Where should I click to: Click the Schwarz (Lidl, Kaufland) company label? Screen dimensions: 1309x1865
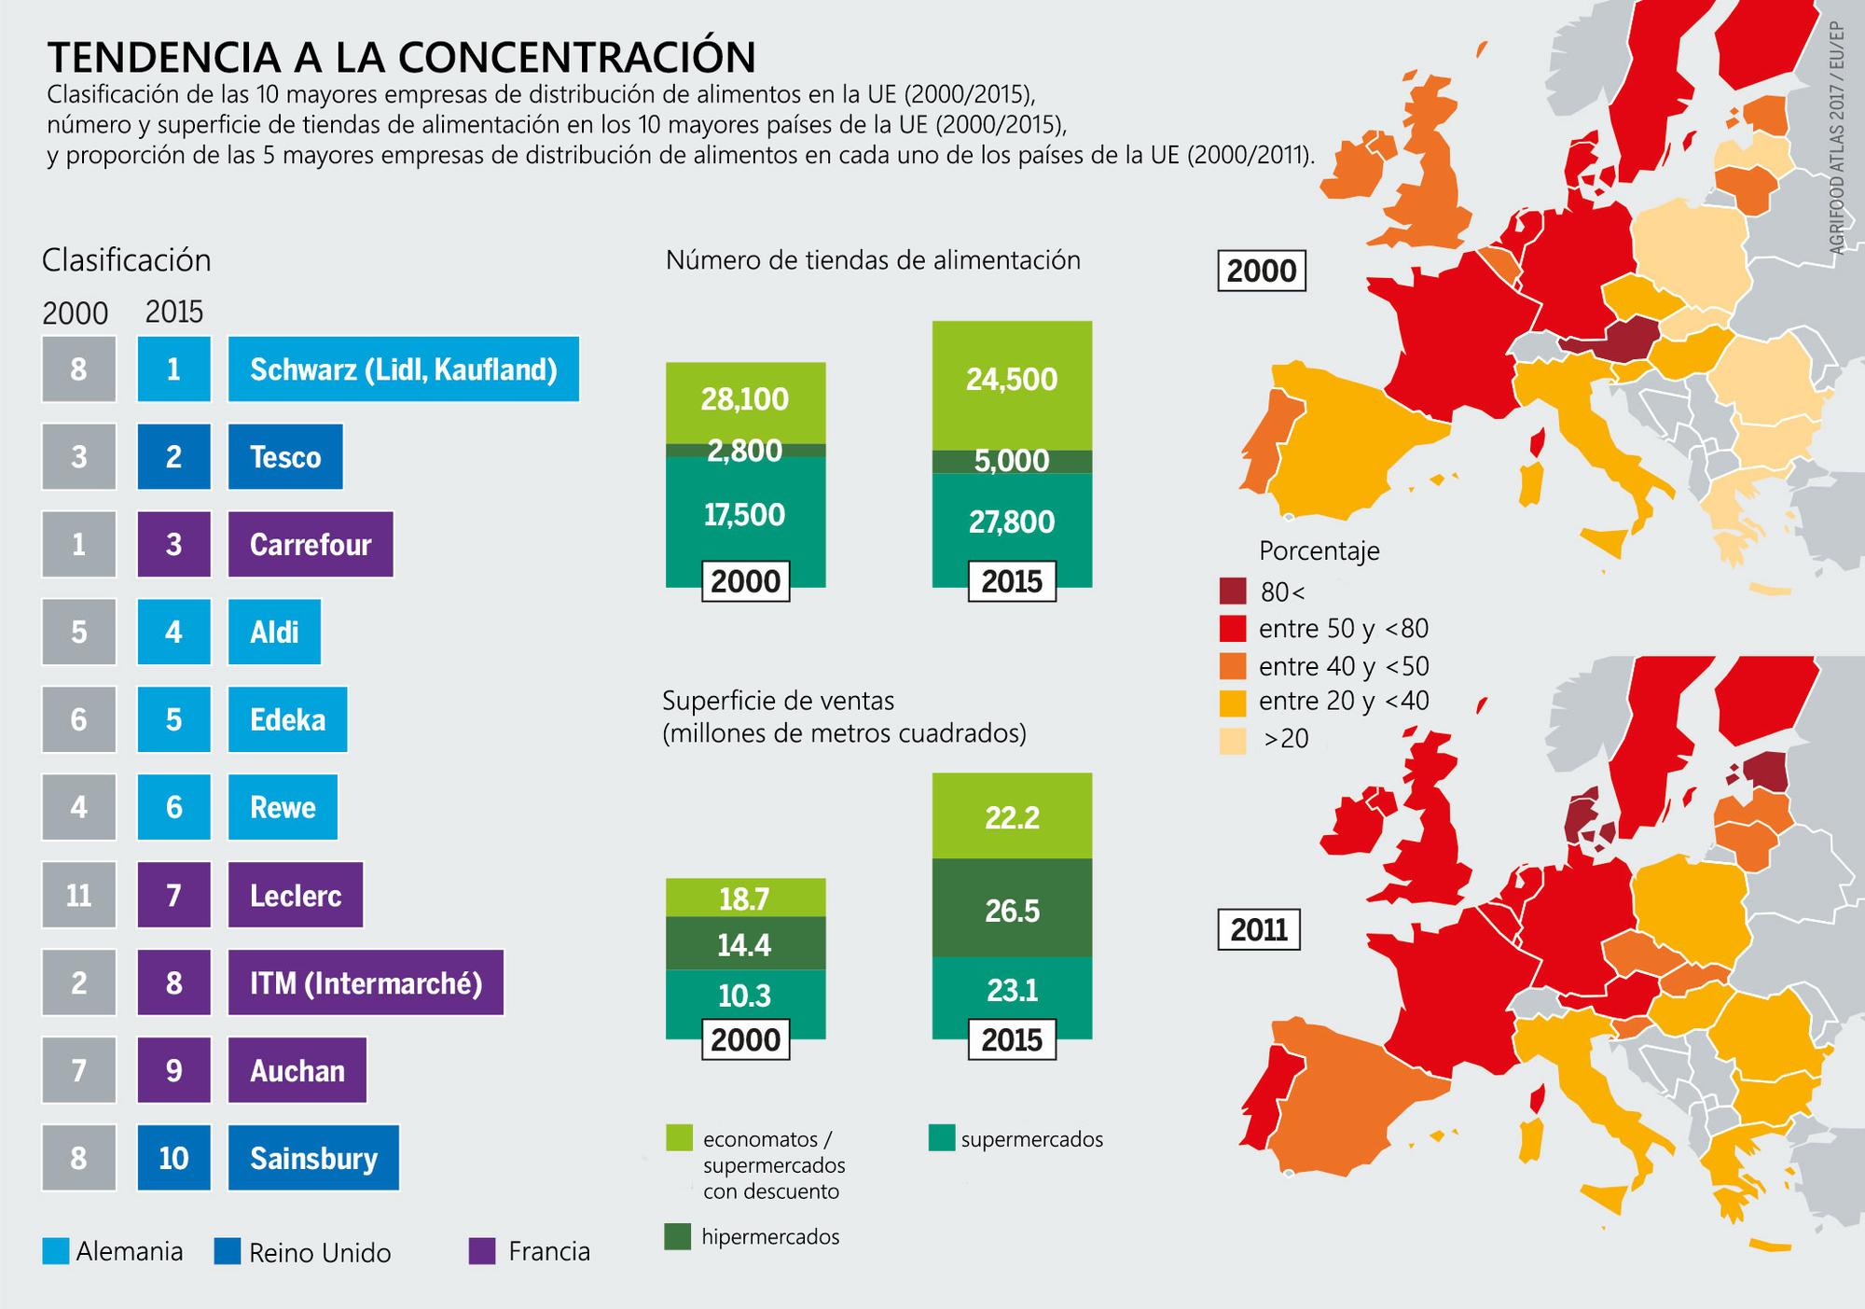[x=403, y=369]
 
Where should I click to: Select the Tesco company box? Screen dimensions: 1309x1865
[x=285, y=457]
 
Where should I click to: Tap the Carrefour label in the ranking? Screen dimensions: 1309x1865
[x=311, y=545]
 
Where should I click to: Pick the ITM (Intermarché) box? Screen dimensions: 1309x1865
[x=366, y=982]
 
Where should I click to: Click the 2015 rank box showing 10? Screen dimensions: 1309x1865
[x=173, y=1158]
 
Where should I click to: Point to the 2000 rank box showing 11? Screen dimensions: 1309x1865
[x=78, y=895]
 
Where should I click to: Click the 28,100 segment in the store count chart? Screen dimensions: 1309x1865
[x=745, y=400]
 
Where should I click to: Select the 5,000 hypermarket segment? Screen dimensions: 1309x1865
[x=1012, y=461]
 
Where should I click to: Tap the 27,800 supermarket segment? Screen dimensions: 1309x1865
[x=1012, y=521]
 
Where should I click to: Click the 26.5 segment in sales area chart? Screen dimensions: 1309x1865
[x=1012, y=910]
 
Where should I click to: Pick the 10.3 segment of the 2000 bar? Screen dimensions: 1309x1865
[x=745, y=995]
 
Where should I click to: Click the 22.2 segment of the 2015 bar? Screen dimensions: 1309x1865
[x=1012, y=817]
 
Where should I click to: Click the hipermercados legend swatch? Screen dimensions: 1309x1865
[x=678, y=1236]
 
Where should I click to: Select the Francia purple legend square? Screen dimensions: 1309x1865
[x=482, y=1251]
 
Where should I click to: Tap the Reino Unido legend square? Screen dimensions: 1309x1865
[x=227, y=1251]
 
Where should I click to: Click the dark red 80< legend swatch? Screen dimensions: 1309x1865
[x=1233, y=592]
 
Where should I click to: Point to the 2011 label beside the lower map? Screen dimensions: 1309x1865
[x=1259, y=930]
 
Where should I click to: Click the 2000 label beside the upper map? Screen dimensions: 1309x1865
[x=1261, y=272]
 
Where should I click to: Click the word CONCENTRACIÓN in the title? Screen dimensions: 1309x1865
[x=579, y=57]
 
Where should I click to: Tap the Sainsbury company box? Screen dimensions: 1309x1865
[x=313, y=1158]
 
